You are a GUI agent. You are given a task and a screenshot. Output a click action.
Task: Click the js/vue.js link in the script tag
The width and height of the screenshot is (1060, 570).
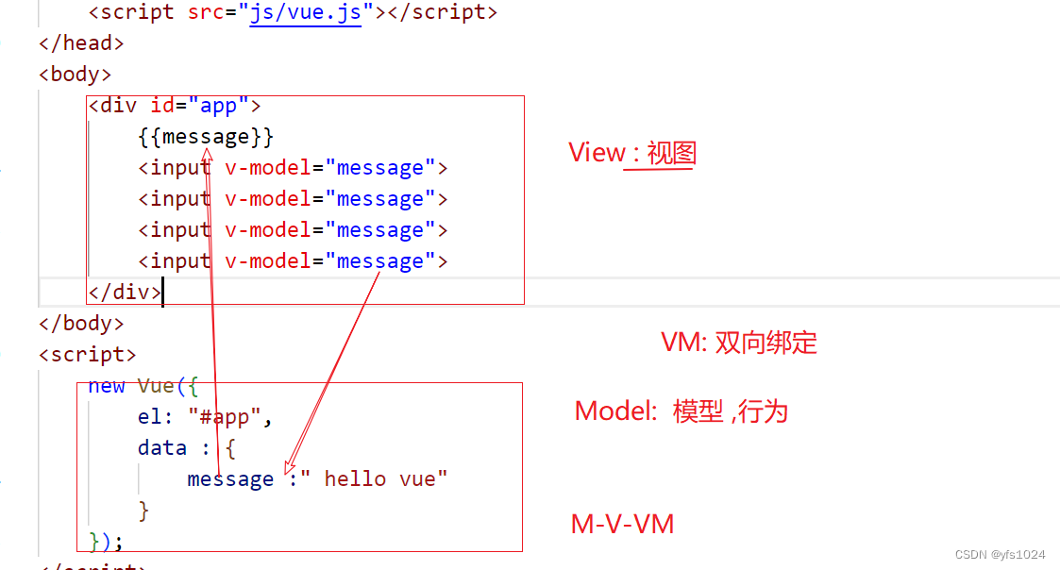305,12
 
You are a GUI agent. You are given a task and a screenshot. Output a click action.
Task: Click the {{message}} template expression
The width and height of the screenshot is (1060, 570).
205,137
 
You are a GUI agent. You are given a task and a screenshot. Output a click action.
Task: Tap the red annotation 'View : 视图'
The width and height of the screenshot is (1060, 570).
631,153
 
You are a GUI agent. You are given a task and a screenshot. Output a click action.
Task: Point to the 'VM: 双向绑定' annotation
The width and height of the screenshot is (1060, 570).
738,343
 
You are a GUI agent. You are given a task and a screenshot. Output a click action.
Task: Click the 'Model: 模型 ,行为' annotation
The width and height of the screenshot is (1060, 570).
681,411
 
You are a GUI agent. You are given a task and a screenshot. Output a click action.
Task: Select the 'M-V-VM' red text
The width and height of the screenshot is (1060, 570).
622,524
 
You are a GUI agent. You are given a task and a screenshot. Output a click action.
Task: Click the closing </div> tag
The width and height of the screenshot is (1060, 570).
125,292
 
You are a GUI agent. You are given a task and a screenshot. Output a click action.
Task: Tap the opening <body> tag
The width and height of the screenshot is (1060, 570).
76,75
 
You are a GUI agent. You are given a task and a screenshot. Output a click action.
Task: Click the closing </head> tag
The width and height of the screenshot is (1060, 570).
81,43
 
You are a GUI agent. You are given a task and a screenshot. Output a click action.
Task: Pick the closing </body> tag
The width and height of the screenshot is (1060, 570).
81,323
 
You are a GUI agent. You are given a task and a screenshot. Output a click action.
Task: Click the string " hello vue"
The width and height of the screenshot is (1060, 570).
379,478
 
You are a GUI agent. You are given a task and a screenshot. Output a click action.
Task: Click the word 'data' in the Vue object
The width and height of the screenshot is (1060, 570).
161,447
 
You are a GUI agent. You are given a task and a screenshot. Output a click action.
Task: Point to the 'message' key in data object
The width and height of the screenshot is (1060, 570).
230,478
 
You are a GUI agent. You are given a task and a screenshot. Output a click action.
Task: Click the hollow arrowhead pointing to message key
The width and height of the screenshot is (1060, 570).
291,464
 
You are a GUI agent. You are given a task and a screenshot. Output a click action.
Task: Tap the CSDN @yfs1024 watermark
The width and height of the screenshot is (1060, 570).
1000,554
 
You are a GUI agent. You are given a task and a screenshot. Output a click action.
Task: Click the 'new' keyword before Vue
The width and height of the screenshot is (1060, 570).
106,385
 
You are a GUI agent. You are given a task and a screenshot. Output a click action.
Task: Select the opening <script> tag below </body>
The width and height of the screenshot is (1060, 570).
87,355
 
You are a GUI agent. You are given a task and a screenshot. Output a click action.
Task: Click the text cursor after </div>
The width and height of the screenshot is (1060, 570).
163,292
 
